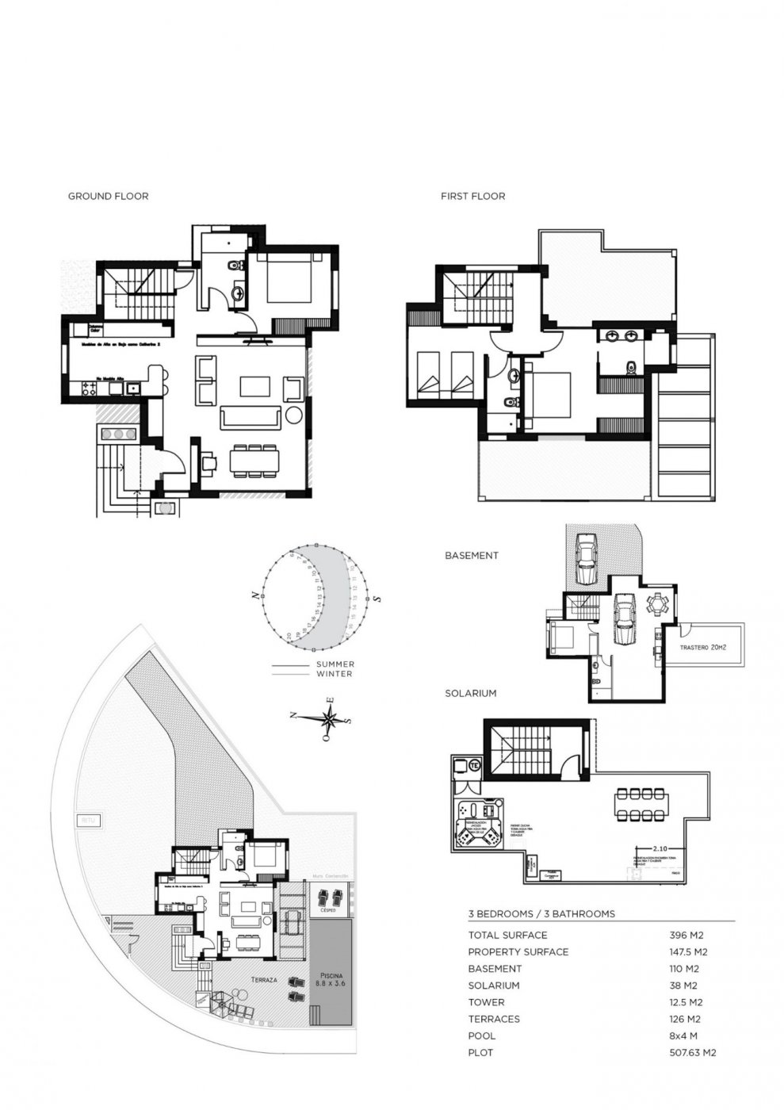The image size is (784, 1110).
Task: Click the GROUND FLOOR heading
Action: [x=108, y=196]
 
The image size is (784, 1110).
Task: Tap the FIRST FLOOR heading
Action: [x=472, y=196]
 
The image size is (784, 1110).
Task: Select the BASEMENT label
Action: [x=471, y=556]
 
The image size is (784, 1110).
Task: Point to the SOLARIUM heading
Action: [x=470, y=693]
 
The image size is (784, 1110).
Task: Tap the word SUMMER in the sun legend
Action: [x=335, y=664]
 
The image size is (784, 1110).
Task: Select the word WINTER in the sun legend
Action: [x=335, y=674]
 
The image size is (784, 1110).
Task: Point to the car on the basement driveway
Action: [x=586, y=560]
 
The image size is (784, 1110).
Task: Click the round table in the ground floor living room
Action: [x=294, y=414]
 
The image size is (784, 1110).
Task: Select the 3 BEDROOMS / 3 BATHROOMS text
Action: [x=541, y=913]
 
